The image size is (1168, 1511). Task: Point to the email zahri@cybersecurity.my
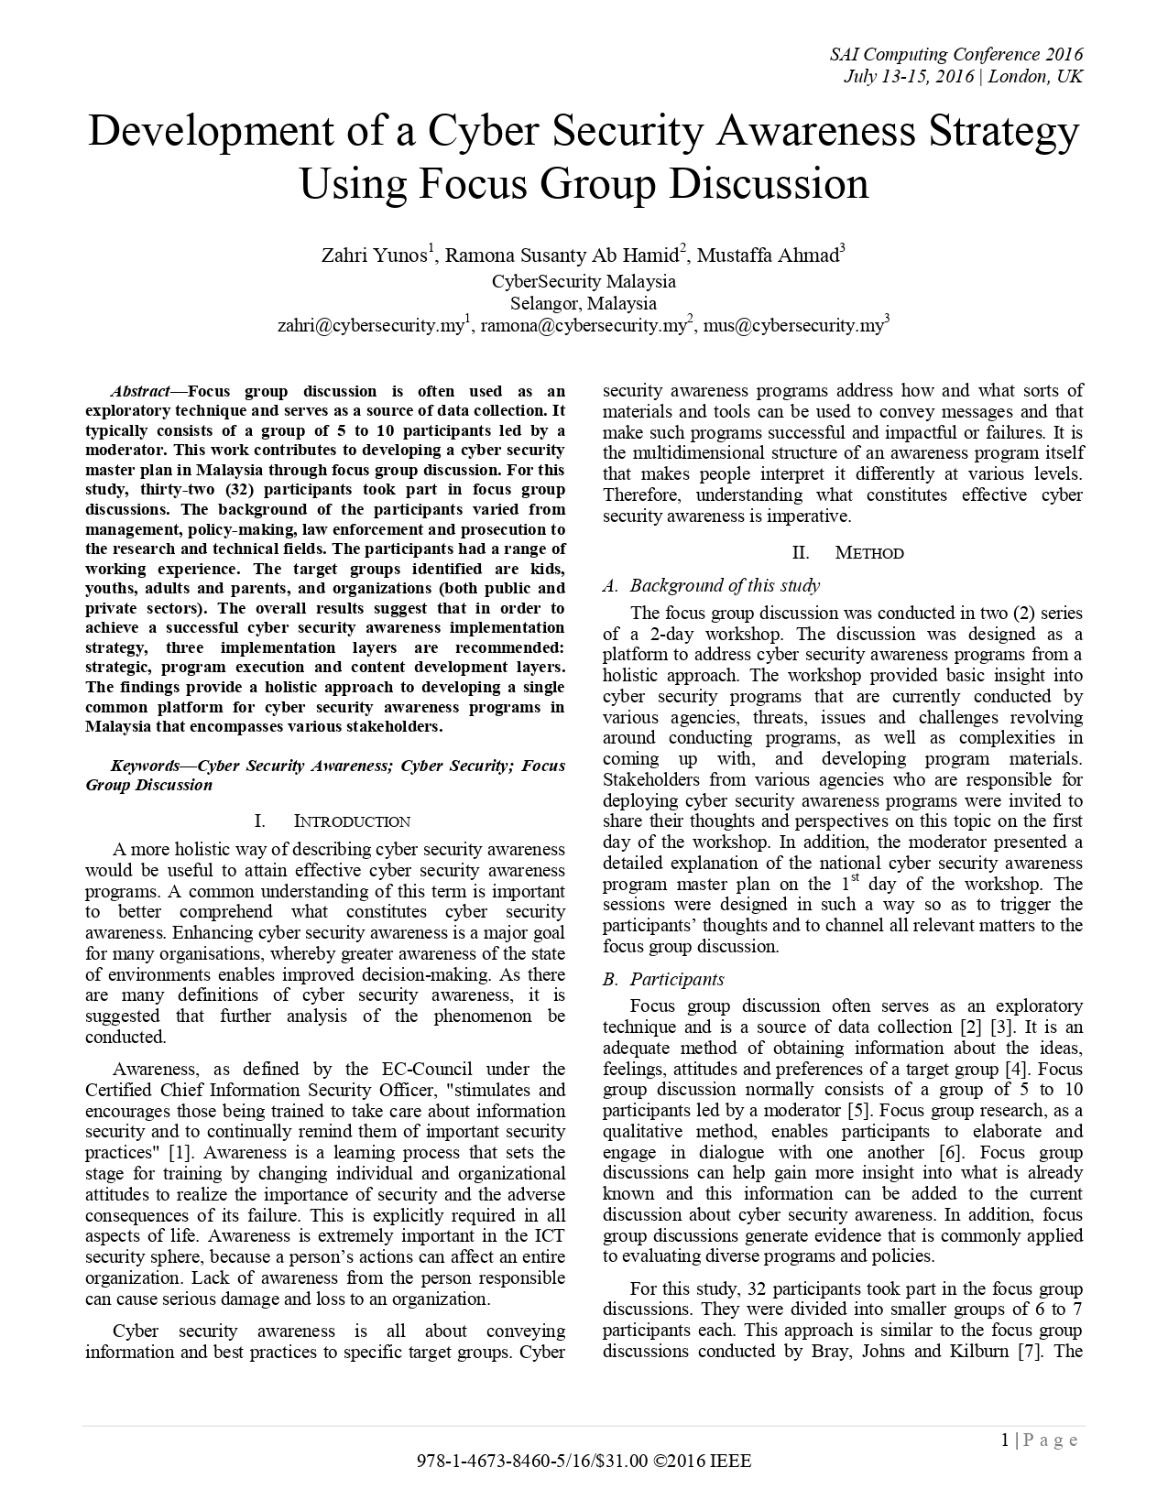coord(371,325)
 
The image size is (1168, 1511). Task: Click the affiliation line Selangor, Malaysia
coord(584,303)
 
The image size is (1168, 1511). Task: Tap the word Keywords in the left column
coord(145,766)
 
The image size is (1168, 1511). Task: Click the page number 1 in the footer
coord(1005,1440)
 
